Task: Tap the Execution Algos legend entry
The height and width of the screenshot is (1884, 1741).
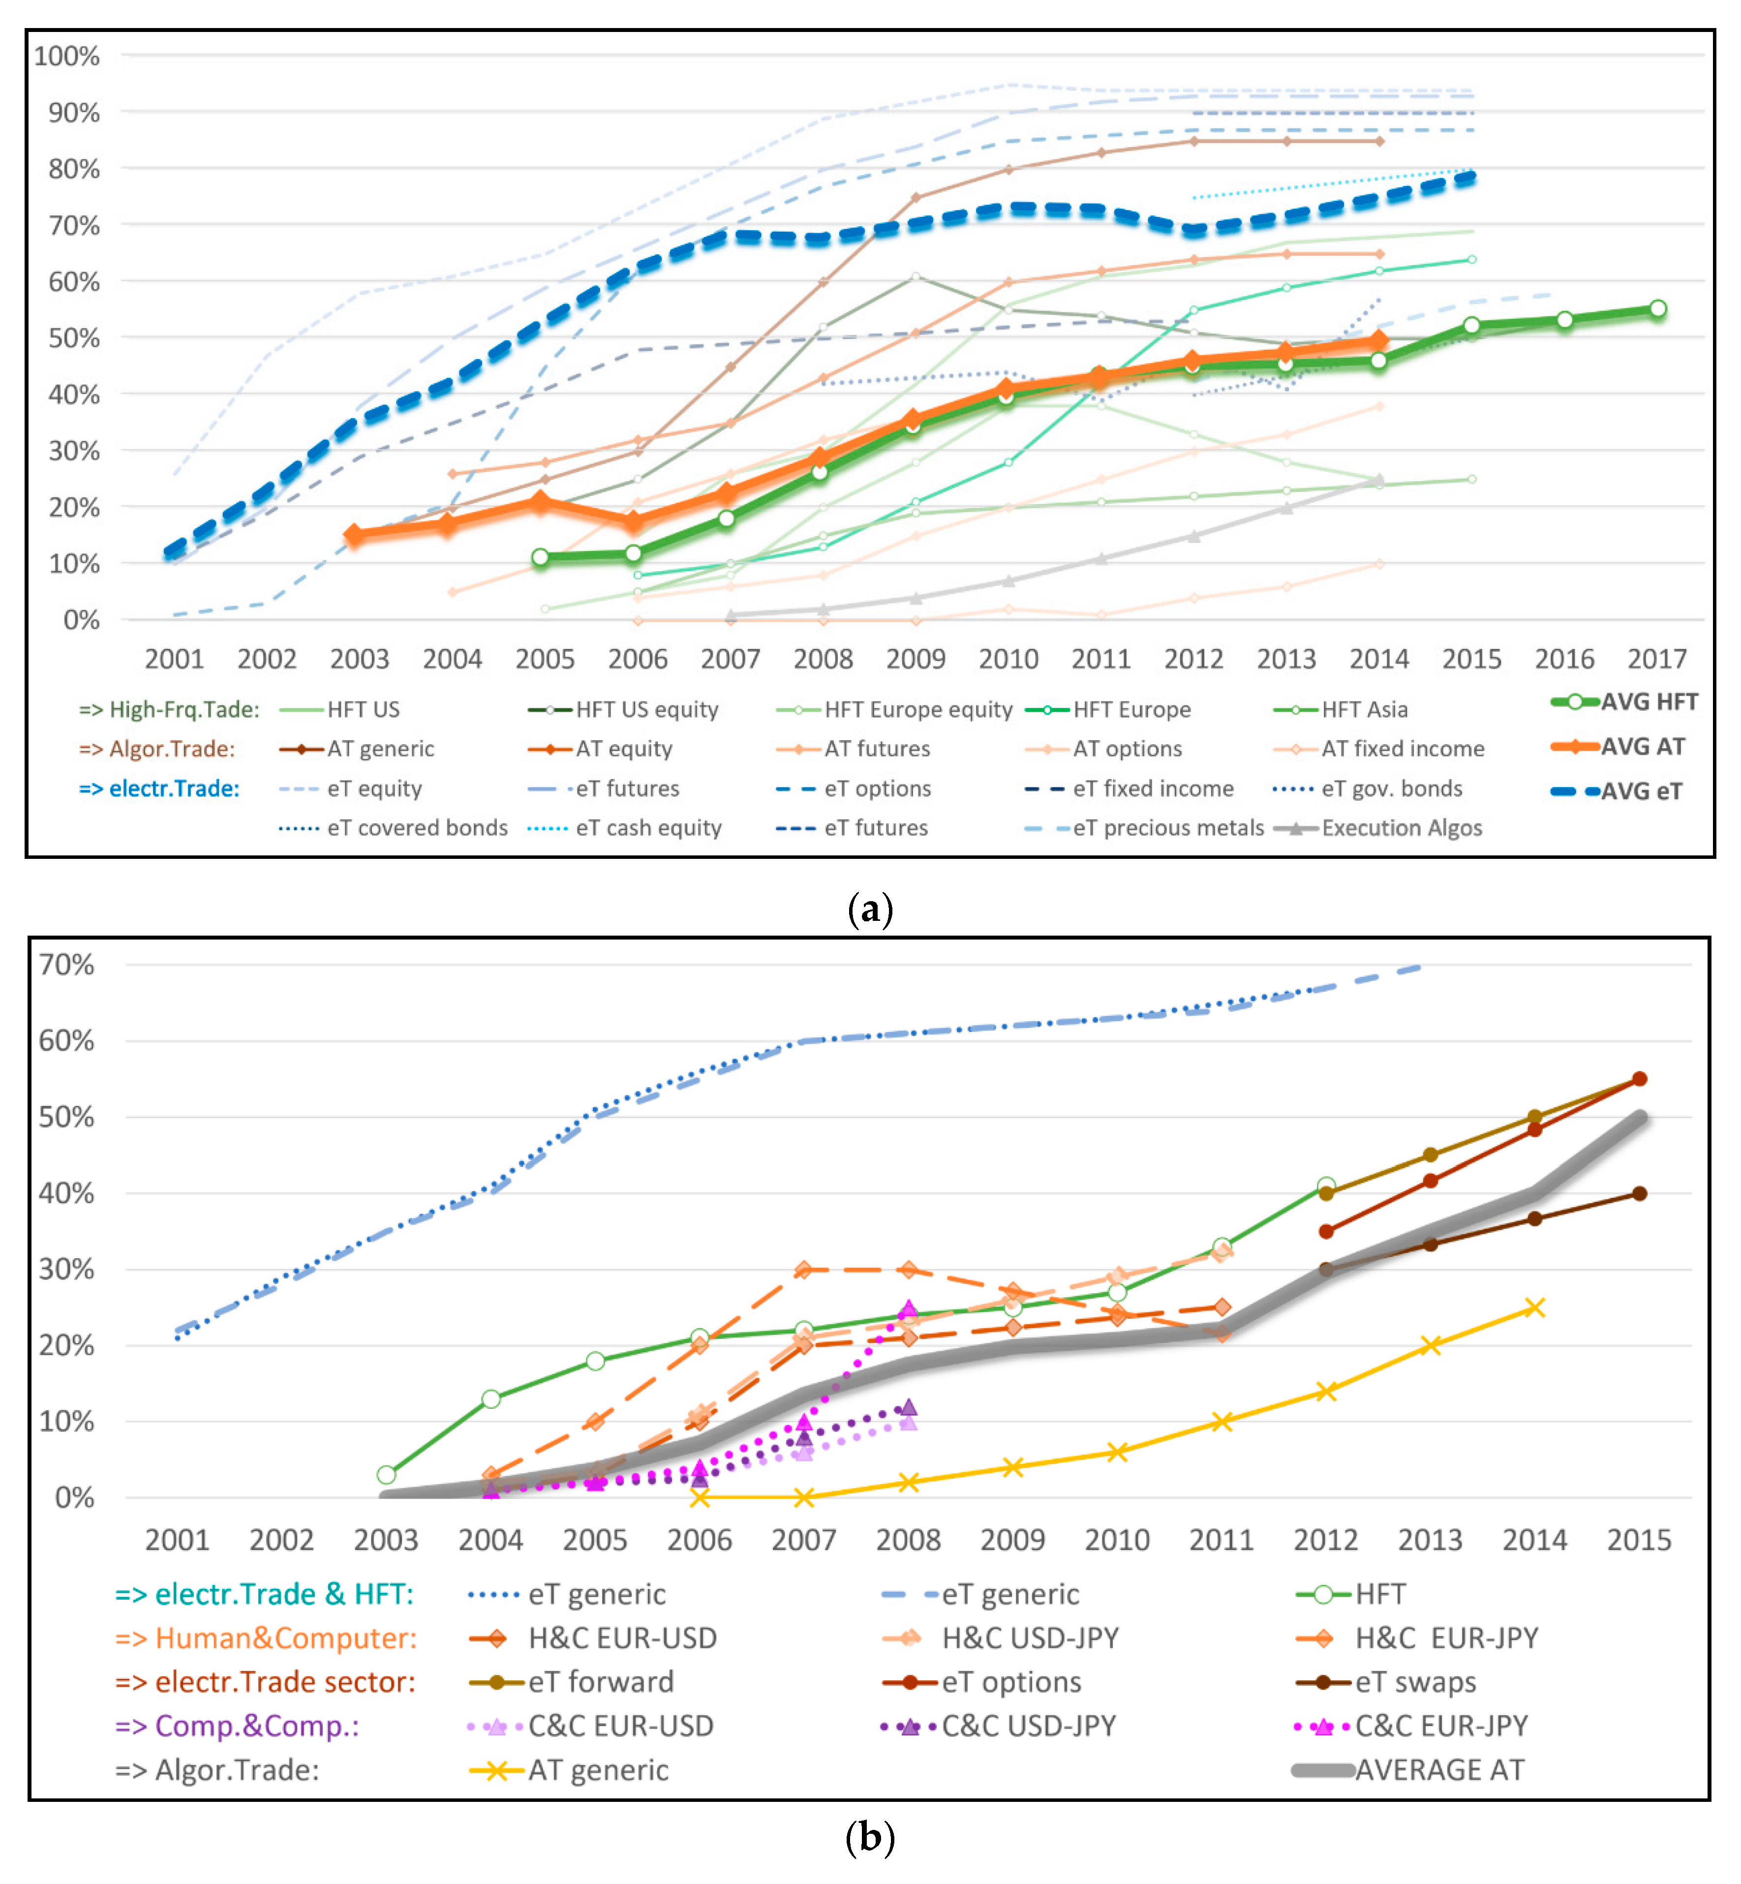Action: pos(1377,828)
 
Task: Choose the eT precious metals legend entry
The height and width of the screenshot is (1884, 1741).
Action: pos(1145,828)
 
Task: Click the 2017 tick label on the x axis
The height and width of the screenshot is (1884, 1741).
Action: pos(1657,659)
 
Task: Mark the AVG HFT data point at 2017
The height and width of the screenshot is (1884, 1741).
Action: pos(1658,309)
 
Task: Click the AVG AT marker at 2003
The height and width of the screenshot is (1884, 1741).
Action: pos(353,535)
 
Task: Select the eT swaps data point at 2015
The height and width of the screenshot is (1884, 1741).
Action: pos(1639,1193)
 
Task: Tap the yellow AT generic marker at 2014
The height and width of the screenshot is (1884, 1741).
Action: pos(1535,1307)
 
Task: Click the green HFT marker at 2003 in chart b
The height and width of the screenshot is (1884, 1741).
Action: pos(386,1474)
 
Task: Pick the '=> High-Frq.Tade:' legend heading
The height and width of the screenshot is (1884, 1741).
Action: pos(170,709)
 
